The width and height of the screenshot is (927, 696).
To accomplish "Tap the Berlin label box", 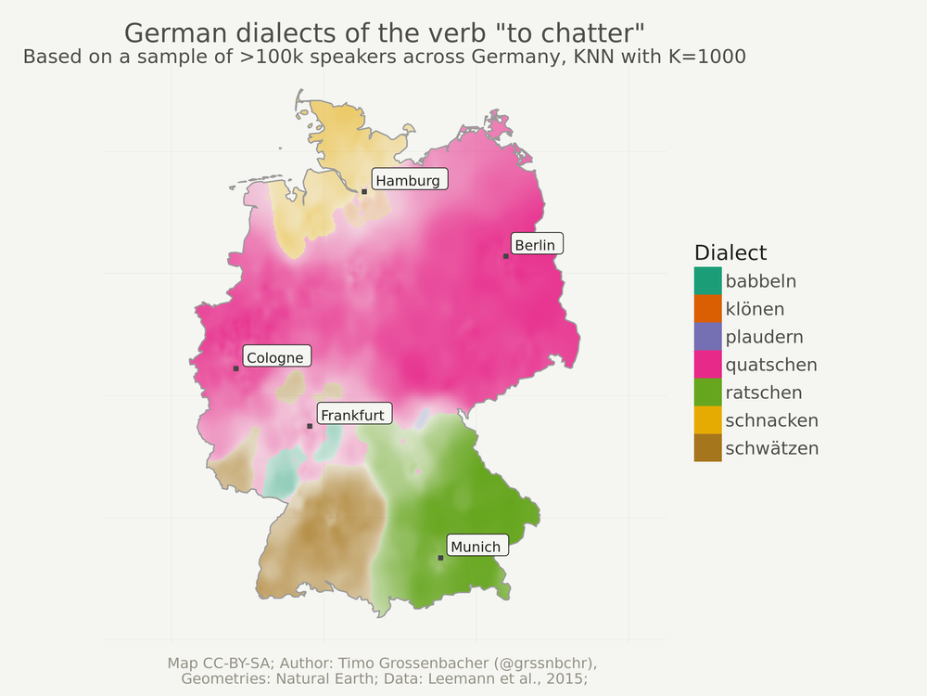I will (x=535, y=245).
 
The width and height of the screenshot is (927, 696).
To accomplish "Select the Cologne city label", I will (x=275, y=357).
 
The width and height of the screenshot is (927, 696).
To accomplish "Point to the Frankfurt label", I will (x=352, y=415).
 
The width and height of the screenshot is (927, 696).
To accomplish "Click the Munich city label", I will (x=476, y=547).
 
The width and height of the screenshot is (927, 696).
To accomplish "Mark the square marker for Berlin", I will (x=506, y=256).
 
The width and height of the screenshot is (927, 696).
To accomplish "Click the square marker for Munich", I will (x=440, y=558).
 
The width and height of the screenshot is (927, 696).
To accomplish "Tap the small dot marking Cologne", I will (x=236, y=368).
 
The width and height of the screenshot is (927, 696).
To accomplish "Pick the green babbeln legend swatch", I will (x=707, y=280).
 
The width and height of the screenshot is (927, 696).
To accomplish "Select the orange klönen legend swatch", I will (x=707, y=308).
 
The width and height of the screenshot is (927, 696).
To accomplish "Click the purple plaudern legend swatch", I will (x=707, y=336).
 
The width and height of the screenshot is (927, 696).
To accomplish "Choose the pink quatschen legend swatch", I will (x=707, y=364).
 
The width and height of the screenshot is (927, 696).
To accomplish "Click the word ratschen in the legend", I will (x=764, y=393).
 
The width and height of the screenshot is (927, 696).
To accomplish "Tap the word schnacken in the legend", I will (x=771, y=420).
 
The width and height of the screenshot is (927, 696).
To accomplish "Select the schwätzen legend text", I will (x=771, y=448).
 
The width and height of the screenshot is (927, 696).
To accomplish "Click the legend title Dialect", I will (x=730, y=252).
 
